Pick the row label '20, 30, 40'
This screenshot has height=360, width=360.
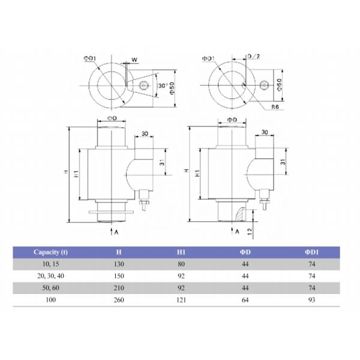point(51,277)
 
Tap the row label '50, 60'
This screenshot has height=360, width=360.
point(51,289)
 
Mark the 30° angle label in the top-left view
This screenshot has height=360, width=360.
point(161,86)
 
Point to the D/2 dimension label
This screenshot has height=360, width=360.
point(253,56)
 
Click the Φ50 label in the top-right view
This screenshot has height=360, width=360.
point(279,85)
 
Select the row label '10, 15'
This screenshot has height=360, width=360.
point(51,265)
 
